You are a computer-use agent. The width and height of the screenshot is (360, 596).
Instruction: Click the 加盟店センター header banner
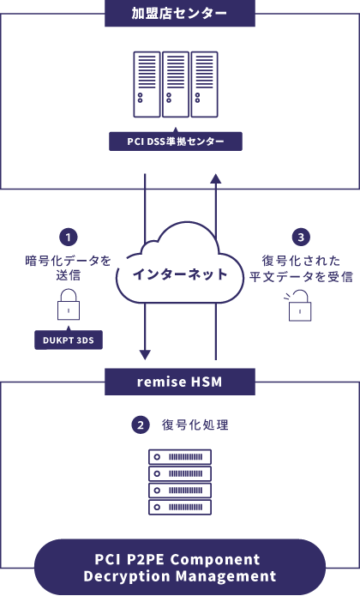tap(180, 14)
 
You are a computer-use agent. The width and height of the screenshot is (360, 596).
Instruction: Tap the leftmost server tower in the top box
tap(147, 84)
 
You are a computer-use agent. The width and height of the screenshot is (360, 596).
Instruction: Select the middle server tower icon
tap(176, 84)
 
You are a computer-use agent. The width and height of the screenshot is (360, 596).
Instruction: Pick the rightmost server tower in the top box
tap(204, 84)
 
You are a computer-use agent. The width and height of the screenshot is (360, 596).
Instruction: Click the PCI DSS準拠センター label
tap(176, 141)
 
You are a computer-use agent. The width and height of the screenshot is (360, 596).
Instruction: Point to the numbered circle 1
tap(69, 238)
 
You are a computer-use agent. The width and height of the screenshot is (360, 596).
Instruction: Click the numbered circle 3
tap(301, 238)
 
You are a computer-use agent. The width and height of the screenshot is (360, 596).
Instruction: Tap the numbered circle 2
tap(141, 424)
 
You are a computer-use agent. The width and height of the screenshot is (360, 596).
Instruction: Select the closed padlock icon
tap(69, 304)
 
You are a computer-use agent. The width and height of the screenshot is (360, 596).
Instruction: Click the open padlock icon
tap(298, 305)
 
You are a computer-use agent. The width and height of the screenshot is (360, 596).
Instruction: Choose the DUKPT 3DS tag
tap(69, 340)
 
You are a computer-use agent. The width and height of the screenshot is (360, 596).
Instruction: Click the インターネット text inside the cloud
tap(180, 274)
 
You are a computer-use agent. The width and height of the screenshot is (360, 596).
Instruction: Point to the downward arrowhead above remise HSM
tap(145, 355)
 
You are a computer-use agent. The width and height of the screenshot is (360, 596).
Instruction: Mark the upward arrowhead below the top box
tap(216, 178)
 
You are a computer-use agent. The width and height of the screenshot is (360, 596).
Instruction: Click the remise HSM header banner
tap(180, 382)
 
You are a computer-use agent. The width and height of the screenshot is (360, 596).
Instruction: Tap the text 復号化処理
tap(195, 424)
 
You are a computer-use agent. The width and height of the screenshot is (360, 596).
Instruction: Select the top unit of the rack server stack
tap(180, 457)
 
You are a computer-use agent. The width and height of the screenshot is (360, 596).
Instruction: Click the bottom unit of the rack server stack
tap(180, 507)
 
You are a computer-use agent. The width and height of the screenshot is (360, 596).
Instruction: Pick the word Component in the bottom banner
tap(215, 560)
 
